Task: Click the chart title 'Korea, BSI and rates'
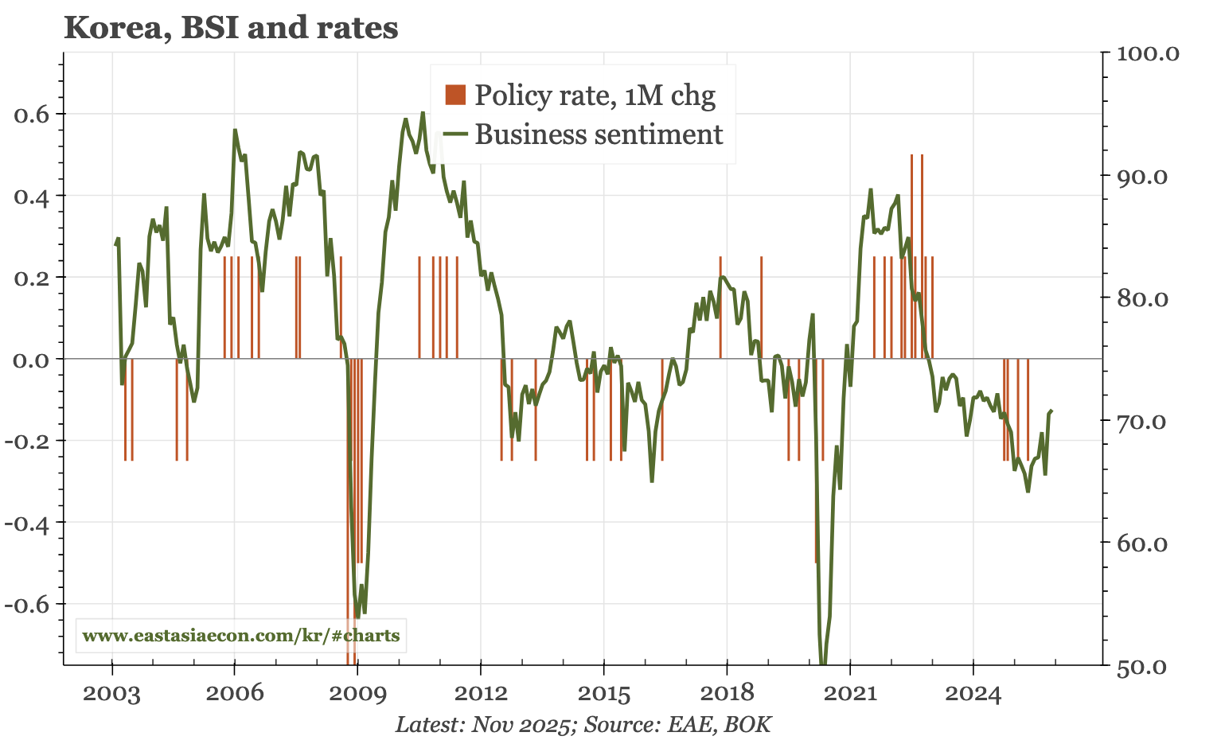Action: [231, 28]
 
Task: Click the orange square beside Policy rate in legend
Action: [455, 95]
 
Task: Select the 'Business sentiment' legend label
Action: [599, 134]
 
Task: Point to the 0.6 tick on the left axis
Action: [32, 114]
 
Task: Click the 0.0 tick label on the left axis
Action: [32, 360]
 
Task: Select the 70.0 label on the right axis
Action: [1145, 421]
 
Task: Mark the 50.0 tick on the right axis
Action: [1145, 667]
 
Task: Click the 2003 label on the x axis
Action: [111, 694]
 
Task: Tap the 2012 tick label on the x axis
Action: [481, 694]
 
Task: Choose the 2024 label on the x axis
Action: [973, 694]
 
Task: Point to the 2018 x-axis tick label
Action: [727, 694]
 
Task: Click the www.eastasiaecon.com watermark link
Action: [241, 636]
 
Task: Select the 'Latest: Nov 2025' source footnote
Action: [583, 725]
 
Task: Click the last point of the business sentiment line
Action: [1051, 411]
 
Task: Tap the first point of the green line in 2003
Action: [115, 245]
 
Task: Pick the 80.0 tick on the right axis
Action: [1145, 298]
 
